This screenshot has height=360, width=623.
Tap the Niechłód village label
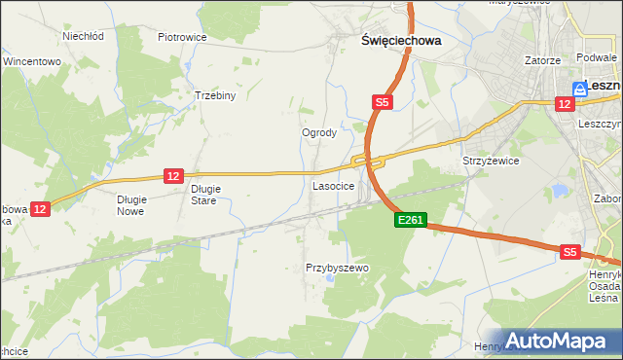[83, 36]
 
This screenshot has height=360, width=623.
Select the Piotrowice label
[182, 37]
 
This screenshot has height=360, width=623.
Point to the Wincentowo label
[32, 60]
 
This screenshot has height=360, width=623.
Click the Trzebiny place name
[216, 95]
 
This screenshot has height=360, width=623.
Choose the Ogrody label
[319, 132]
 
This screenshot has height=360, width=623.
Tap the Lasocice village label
[332, 184]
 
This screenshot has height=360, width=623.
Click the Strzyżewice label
[491, 161]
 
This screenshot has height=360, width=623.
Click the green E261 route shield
[410, 221]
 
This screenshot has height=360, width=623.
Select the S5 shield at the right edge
[570, 252]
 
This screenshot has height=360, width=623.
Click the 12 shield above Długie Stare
[173, 175]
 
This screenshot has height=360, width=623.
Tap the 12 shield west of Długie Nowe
[39, 208]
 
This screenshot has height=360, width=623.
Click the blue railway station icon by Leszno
[579, 87]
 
